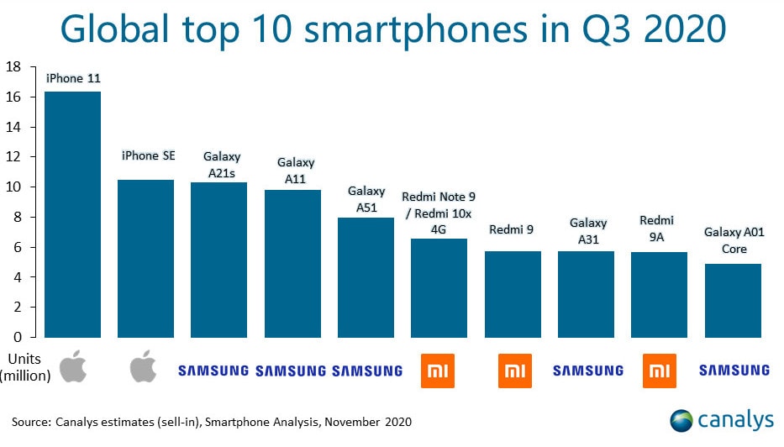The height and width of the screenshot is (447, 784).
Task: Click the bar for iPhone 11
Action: pos(72,214)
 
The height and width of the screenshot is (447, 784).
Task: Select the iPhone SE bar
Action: pos(145,259)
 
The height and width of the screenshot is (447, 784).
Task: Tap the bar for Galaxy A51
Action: pos(366,277)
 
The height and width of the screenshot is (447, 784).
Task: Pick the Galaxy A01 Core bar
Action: pos(733,301)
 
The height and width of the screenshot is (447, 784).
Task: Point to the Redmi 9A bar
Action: pos(659,295)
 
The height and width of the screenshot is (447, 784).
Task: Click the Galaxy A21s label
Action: pos(222,163)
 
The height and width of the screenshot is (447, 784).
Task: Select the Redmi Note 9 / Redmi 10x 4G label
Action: pos(439,213)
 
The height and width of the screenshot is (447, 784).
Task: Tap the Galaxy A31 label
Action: pos(588,230)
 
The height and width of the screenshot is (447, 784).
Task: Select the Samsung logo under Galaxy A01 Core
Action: pos(734,370)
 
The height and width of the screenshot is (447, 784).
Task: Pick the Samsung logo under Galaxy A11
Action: pos(290,370)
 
